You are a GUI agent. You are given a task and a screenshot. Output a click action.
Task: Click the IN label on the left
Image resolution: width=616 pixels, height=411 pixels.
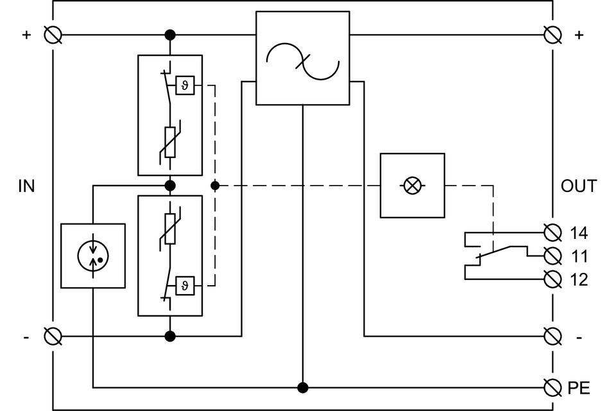pyautogui.click(x=26, y=186)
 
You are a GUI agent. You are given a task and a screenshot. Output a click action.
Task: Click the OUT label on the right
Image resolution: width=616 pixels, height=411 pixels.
pyautogui.click(x=578, y=186)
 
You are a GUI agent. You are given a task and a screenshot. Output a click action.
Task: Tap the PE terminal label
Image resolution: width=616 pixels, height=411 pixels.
pyautogui.click(x=579, y=388)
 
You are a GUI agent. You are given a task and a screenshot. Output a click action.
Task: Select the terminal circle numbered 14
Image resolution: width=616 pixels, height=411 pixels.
pyautogui.click(x=551, y=232)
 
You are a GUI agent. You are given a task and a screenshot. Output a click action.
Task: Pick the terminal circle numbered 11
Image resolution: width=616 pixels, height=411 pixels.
pyautogui.click(x=551, y=256)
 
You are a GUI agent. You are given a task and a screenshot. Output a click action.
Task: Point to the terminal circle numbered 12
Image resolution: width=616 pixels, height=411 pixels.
pyautogui.click(x=551, y=279)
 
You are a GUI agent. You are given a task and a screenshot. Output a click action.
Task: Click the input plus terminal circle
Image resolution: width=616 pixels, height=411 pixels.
pyautogui.click(x=53, y=34)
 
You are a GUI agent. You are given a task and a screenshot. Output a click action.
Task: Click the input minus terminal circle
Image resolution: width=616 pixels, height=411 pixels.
pyautogui.click(x=53, y=335)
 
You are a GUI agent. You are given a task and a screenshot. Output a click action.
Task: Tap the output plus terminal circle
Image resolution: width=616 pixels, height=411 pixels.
pyautogui.click(x=551, y=34)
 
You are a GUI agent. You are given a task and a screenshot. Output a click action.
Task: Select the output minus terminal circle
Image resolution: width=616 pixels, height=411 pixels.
pyautogui.click(x=551, y=335)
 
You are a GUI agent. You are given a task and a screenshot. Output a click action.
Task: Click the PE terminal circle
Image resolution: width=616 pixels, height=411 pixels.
pyautogui.click(x=551, y=387)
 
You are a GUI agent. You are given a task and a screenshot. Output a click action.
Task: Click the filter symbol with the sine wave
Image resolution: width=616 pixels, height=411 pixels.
pyautogui.click(x=303, y=58)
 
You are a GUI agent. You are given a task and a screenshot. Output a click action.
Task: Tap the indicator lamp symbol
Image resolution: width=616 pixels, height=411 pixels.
pyautogui.click(x=413, y=186)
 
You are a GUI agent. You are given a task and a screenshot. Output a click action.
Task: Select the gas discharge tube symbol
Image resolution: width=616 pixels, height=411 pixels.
pyautogui.click(x=93, y=256)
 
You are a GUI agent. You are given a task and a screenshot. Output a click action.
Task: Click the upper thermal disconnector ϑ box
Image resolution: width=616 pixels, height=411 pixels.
pyautogui.click(x=185, y=85)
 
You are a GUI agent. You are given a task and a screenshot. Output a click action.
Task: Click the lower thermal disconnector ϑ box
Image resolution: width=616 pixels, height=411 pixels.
pyautogui.click(x=185, y=284)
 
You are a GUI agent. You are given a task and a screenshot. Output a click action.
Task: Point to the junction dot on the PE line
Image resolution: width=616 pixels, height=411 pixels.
pyautogui.click(x=303, y=387)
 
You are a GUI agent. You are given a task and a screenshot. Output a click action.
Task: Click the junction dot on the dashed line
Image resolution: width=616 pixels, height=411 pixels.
pyautogui.click(x=215, y=186)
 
